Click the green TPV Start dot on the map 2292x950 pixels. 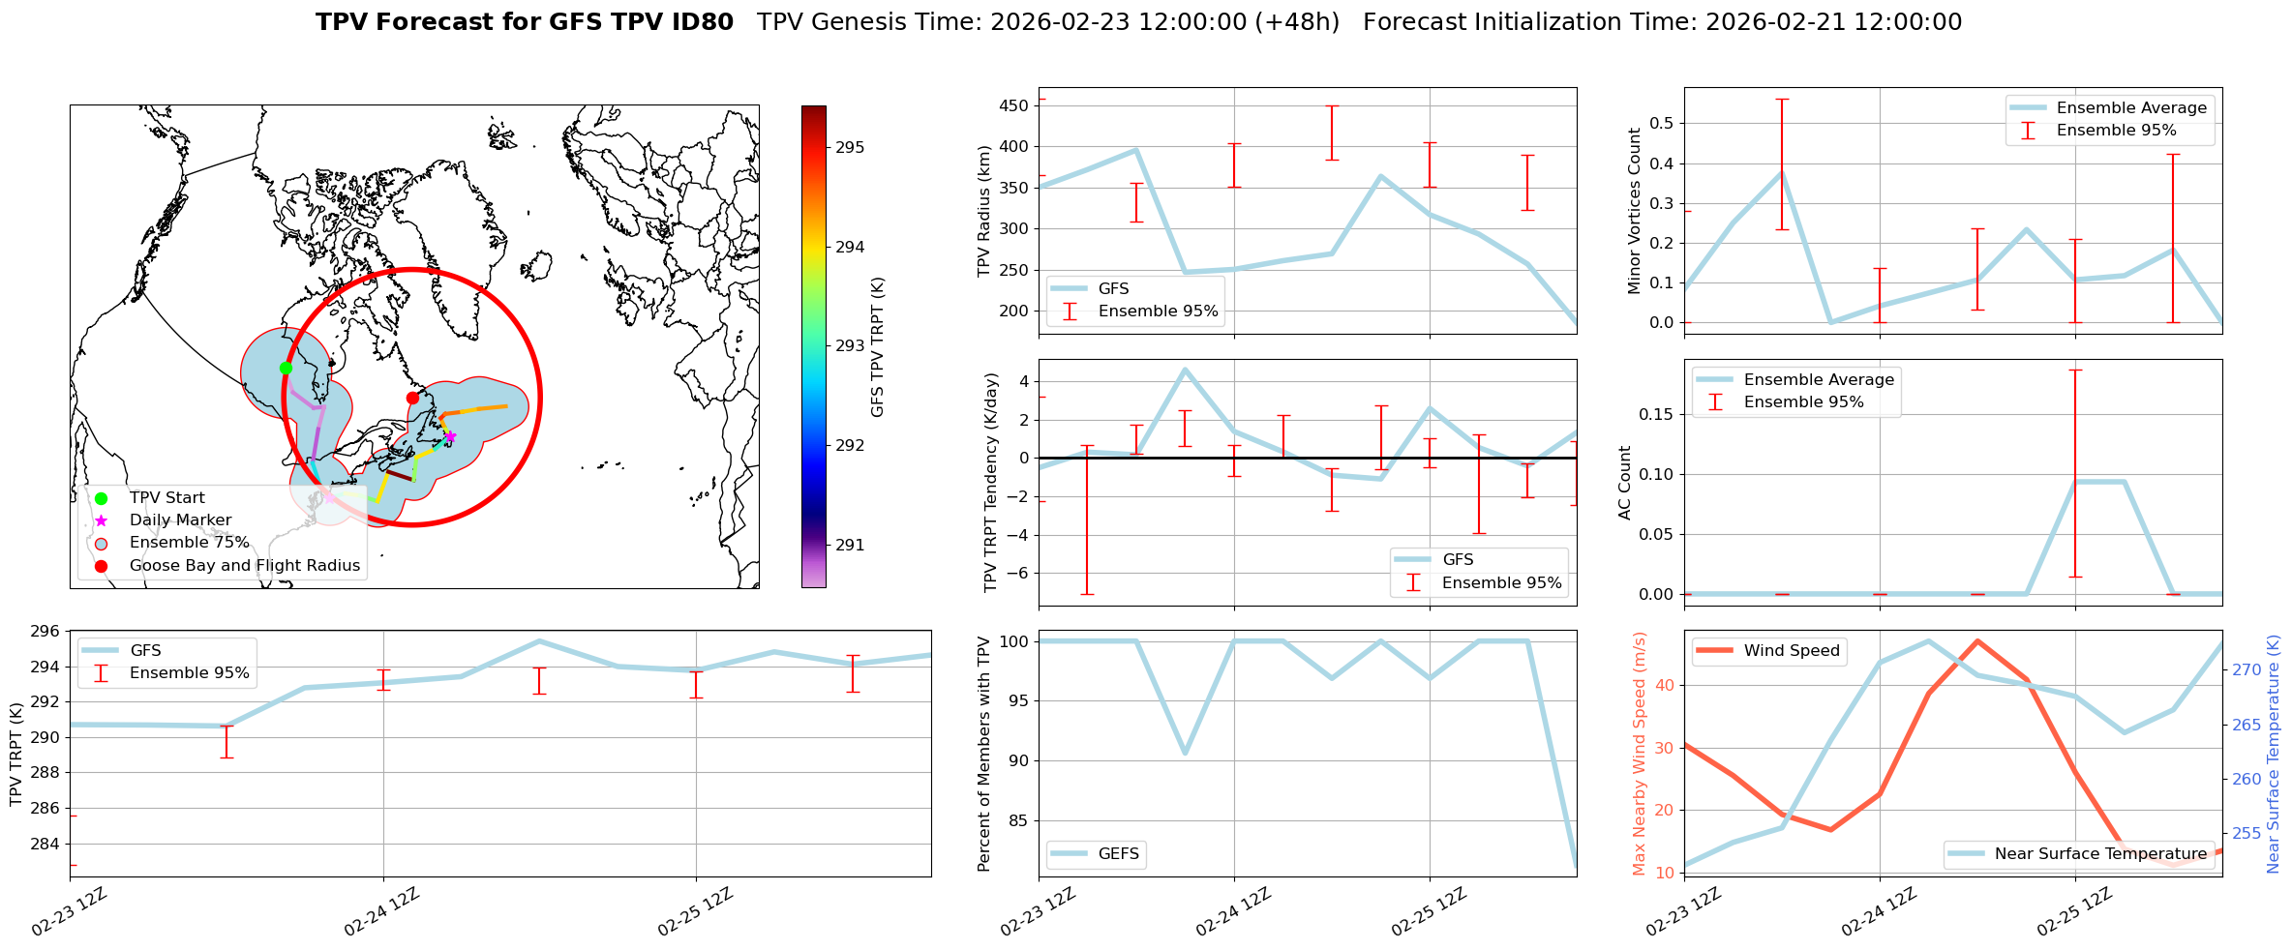[286, 368]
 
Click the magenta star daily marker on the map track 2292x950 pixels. [450, 436]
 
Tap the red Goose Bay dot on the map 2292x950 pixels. [412, 398]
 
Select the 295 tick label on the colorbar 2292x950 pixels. [850, 147]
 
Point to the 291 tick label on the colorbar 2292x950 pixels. [850, 545]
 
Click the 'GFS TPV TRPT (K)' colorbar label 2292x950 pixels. [878, 347]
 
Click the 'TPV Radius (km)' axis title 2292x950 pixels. [984, 211]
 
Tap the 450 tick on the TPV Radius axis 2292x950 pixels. [1014, 105]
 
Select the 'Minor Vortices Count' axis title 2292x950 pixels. [1635, 211]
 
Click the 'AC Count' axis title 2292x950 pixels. [1625, 483]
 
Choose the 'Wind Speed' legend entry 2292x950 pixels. [1791, 651]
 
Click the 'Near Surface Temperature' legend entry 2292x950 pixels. [2100, 854]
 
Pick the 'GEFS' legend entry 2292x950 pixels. [1118, 854]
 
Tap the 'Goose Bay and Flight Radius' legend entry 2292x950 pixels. [244, 566]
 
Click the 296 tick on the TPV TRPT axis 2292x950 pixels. [47, 632]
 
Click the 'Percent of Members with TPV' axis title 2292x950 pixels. [984, 754]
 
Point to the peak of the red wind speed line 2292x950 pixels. [1977, 640]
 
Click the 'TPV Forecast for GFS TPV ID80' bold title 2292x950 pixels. [524, 22]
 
